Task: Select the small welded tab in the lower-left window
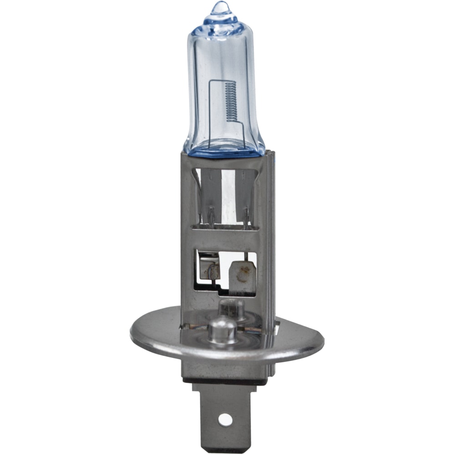click(x=210, y=268)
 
